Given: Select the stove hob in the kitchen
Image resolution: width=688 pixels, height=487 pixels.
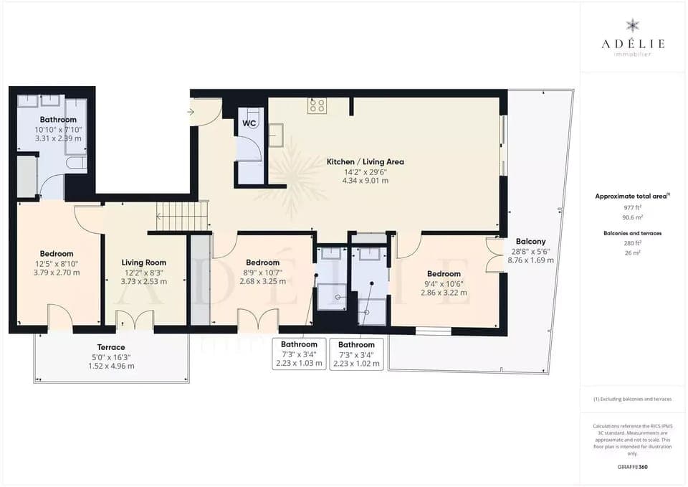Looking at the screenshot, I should pos(317,106).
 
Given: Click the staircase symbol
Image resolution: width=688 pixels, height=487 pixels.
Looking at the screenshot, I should pos(182,216).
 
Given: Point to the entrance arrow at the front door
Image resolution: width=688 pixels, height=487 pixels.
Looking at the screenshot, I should pos(191,111).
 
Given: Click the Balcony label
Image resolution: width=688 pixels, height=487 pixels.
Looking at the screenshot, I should pos(530,242).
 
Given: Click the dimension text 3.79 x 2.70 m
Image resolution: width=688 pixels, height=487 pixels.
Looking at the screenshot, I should pos(57,273).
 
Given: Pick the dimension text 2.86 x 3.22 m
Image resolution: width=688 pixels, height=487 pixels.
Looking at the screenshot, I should pos(444,293).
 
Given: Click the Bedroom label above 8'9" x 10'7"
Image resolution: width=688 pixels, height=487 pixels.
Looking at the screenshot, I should pos(262,263).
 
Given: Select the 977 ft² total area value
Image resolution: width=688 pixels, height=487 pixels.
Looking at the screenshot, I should pos(632,207).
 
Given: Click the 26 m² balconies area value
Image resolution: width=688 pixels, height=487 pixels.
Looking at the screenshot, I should pos(632,252).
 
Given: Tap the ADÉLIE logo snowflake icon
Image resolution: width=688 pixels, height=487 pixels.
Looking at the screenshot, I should pos(632,27).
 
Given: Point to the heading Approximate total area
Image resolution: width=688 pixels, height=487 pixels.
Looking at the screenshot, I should pos(631,196).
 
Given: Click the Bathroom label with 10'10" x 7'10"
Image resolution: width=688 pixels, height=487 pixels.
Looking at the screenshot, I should pos(58,120).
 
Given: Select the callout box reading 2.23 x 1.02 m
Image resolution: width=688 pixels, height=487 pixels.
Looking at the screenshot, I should pos(357,354).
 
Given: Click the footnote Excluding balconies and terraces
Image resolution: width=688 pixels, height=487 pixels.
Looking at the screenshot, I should pos(632,399).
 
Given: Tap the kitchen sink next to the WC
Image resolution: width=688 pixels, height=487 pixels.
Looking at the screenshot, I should pos(276,134).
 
